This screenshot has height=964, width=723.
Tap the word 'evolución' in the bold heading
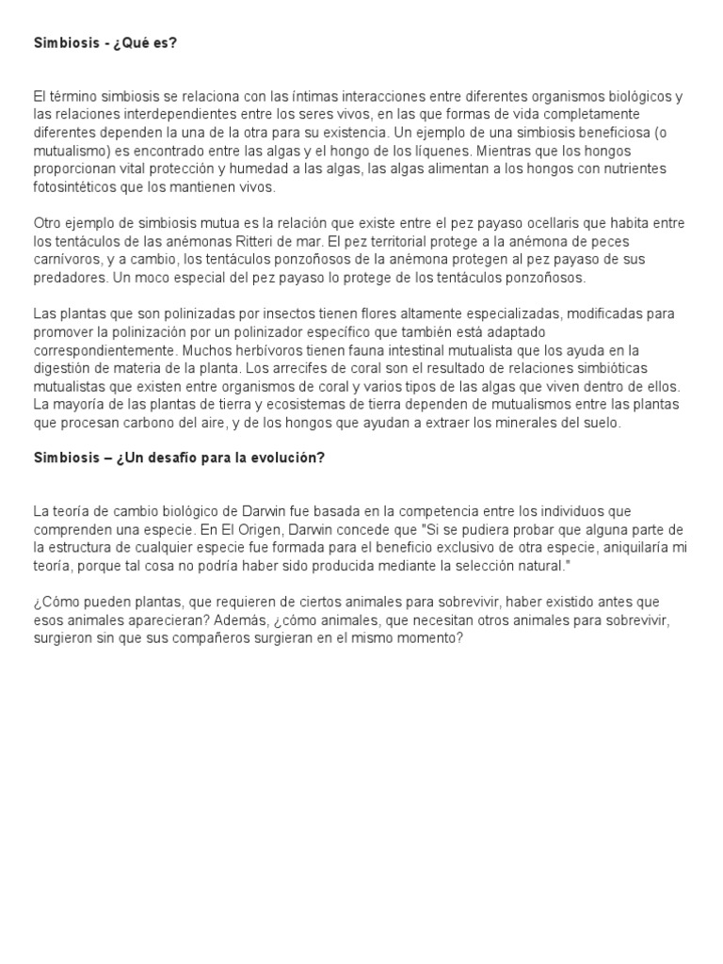point(287,458)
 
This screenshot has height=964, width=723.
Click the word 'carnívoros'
point(64,259)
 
